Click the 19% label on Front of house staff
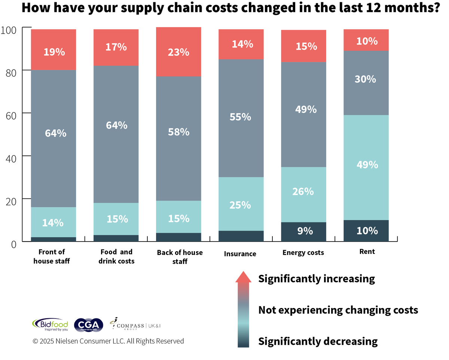(54, 52)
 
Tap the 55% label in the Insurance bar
(240, 117)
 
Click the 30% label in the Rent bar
(366, 79)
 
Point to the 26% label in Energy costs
(303, 191)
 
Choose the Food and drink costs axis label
(116, 256)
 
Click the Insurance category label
(240, 254)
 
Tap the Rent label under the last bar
(367, 252)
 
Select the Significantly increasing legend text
(316, 279)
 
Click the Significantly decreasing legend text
(318, 341)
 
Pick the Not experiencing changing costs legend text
(338, 310)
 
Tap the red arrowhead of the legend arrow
(243, 277)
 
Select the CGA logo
(88, 324)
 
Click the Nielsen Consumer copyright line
(108, 341)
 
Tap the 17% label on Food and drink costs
(116, 47)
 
